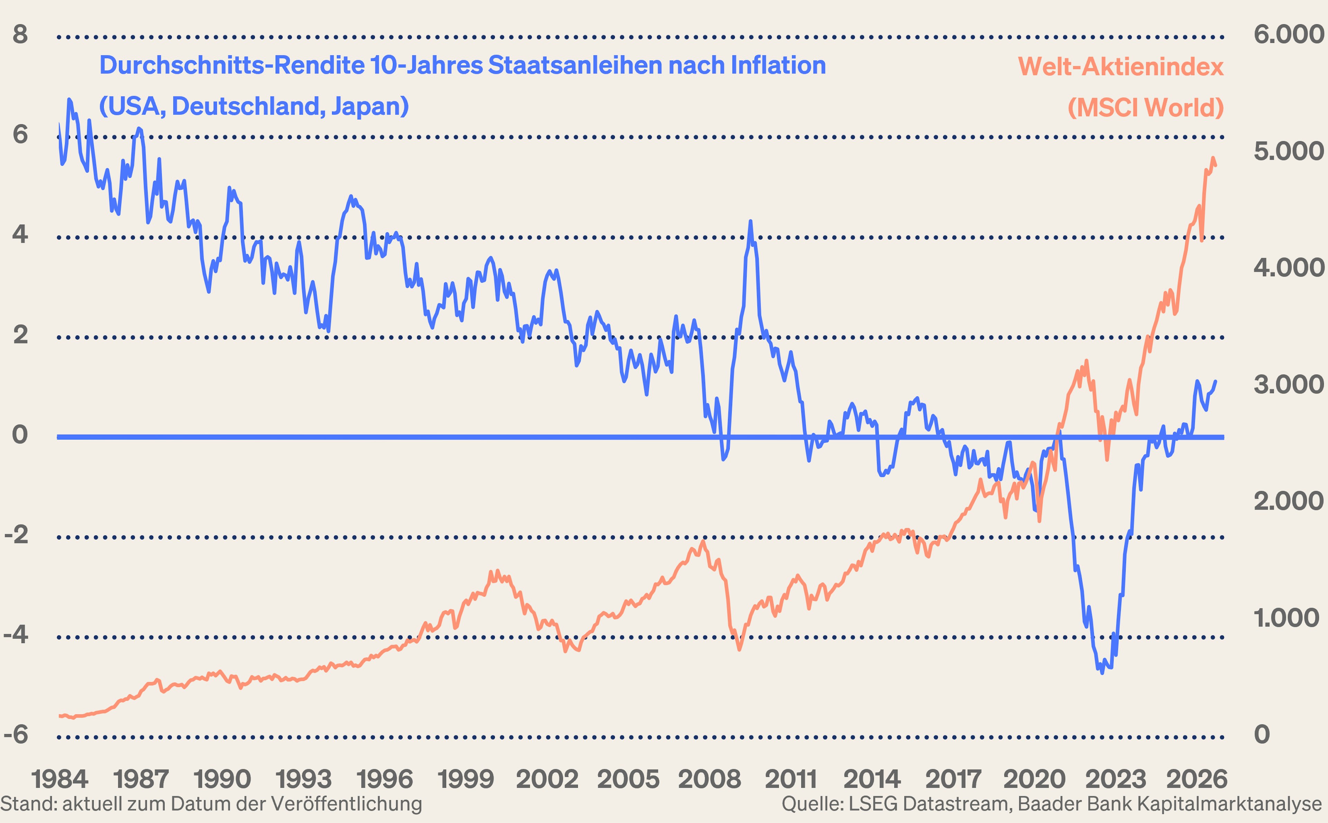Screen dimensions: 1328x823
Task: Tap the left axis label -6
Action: point(16,735)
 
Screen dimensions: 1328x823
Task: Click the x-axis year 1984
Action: point(60,779)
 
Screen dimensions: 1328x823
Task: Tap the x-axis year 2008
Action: point(710,779)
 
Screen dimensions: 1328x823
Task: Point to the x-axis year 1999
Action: point(466,779)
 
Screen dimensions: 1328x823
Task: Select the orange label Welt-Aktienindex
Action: point(1121,67)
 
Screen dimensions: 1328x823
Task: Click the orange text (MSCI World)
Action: point(1146,108)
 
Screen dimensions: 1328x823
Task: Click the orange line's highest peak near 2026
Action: point(1213,158)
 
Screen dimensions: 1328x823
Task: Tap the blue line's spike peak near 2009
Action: point(750,221)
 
